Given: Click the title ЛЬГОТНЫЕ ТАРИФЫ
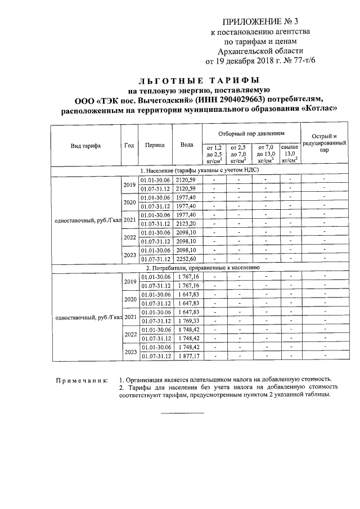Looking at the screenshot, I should pyautogui.click(x=199, y=80).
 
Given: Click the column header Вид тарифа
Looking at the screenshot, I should pyautogui.click(x=85, y=145).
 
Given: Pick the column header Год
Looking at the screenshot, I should pyautogui.click(x=129, y=145).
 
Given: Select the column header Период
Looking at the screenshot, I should pyautogui.click(x=154, y=145).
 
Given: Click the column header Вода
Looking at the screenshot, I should pyautogui.click(x=186, y=145).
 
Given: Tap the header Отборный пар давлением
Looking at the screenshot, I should pyautogui.click(x=251, y=133).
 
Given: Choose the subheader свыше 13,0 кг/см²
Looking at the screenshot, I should pyautogui.click(x=290, y=152).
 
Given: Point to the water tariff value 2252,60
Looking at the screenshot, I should pyautogui.click(x=186, y=259).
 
